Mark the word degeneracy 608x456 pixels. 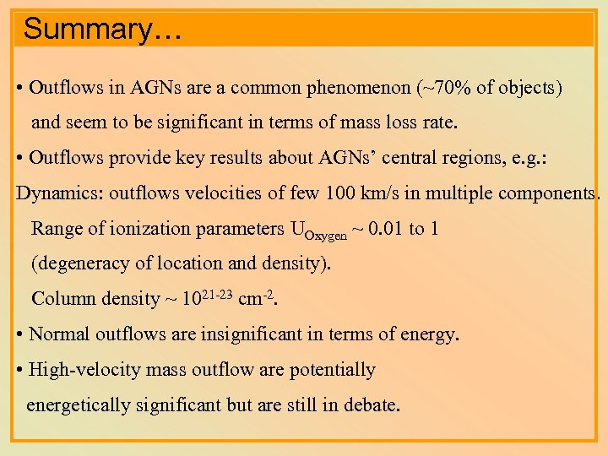point(84,263)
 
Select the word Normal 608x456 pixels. point(60,334)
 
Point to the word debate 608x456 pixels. point(371,404)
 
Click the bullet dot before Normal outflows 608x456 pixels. point(20,334)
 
